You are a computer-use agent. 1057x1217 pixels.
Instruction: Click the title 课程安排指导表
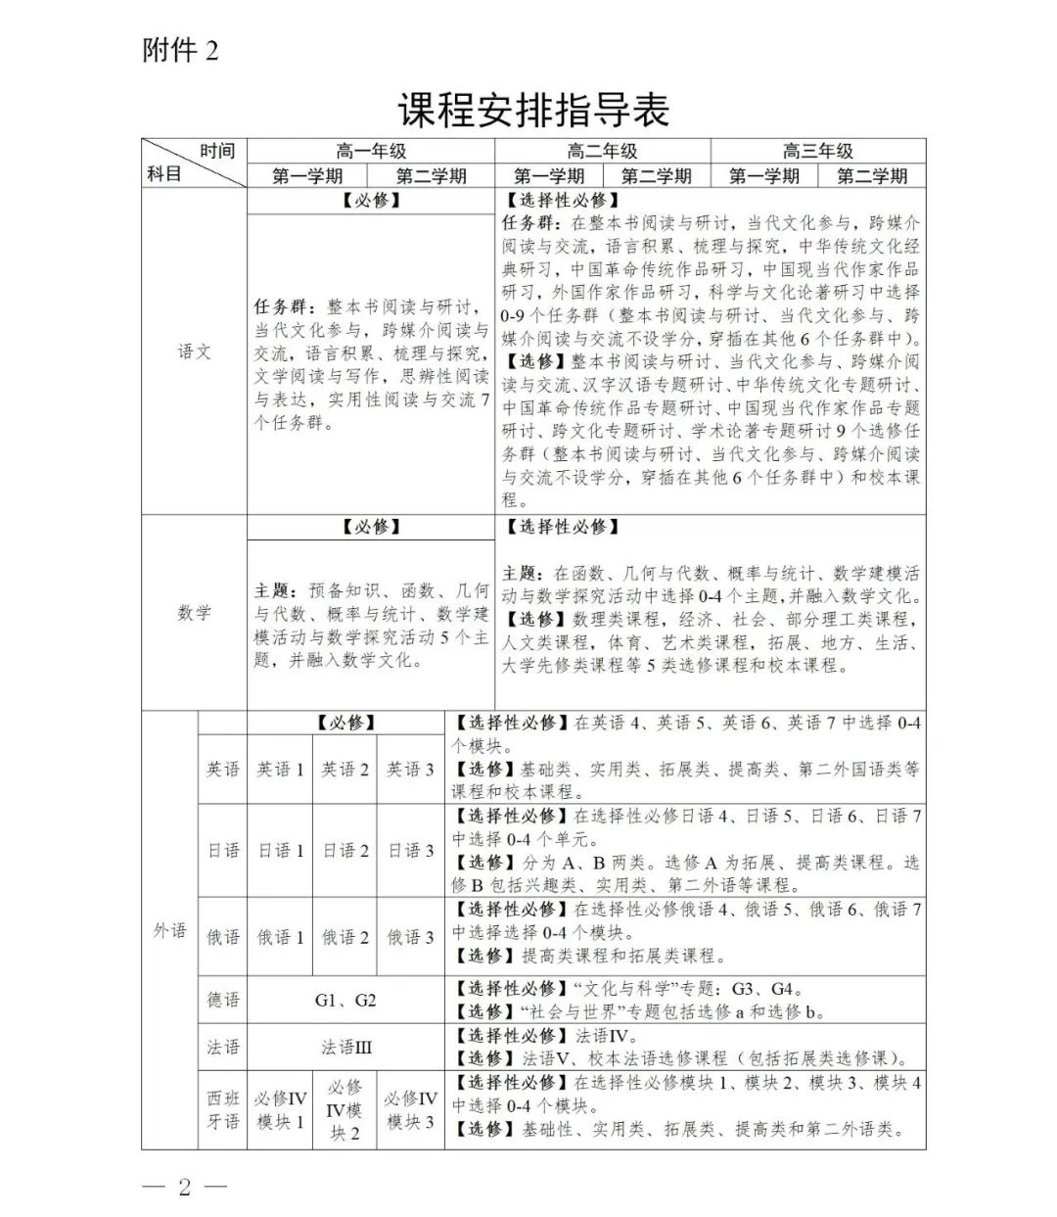532,110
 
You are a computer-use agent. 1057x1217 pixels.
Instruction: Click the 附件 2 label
181,51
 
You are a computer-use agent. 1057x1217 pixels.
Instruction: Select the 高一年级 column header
371,151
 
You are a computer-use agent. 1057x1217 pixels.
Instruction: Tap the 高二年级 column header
602,151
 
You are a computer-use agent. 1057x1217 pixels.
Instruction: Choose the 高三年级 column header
817,151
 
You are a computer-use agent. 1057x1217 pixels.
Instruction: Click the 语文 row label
194,351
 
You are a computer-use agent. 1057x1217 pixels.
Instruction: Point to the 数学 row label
194,613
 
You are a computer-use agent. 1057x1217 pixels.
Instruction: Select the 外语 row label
169,930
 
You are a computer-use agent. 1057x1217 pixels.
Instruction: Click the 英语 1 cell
280,770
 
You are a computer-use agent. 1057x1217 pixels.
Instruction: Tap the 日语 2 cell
345,851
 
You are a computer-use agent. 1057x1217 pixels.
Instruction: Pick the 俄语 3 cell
410,937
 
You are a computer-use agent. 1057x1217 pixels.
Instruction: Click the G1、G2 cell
345,1001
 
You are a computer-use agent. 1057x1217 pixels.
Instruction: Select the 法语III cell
345,1047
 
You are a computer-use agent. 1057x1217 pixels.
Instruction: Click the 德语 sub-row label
222,1001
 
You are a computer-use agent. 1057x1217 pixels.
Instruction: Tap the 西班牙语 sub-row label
222,1109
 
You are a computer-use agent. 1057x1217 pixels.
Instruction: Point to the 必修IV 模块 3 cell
410,1109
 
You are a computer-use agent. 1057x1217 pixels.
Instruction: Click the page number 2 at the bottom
184,1188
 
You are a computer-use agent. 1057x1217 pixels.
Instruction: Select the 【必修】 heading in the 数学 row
371,527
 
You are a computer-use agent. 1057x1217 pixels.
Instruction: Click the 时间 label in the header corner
217,151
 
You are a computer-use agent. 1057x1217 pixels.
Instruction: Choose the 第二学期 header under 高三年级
871,176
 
